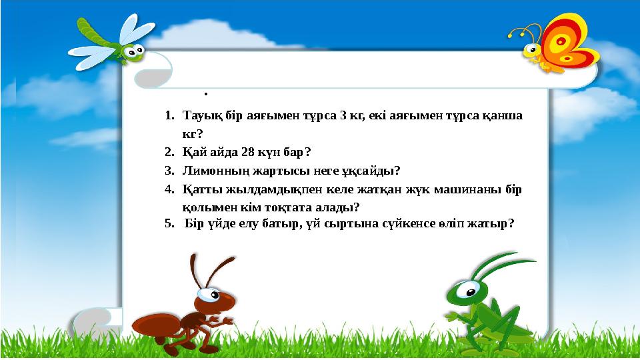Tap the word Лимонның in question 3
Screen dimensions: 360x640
212,170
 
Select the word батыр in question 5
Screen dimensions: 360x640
285,224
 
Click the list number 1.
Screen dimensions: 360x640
169,115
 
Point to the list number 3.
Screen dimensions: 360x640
169,170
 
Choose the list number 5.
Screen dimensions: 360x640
169,224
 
